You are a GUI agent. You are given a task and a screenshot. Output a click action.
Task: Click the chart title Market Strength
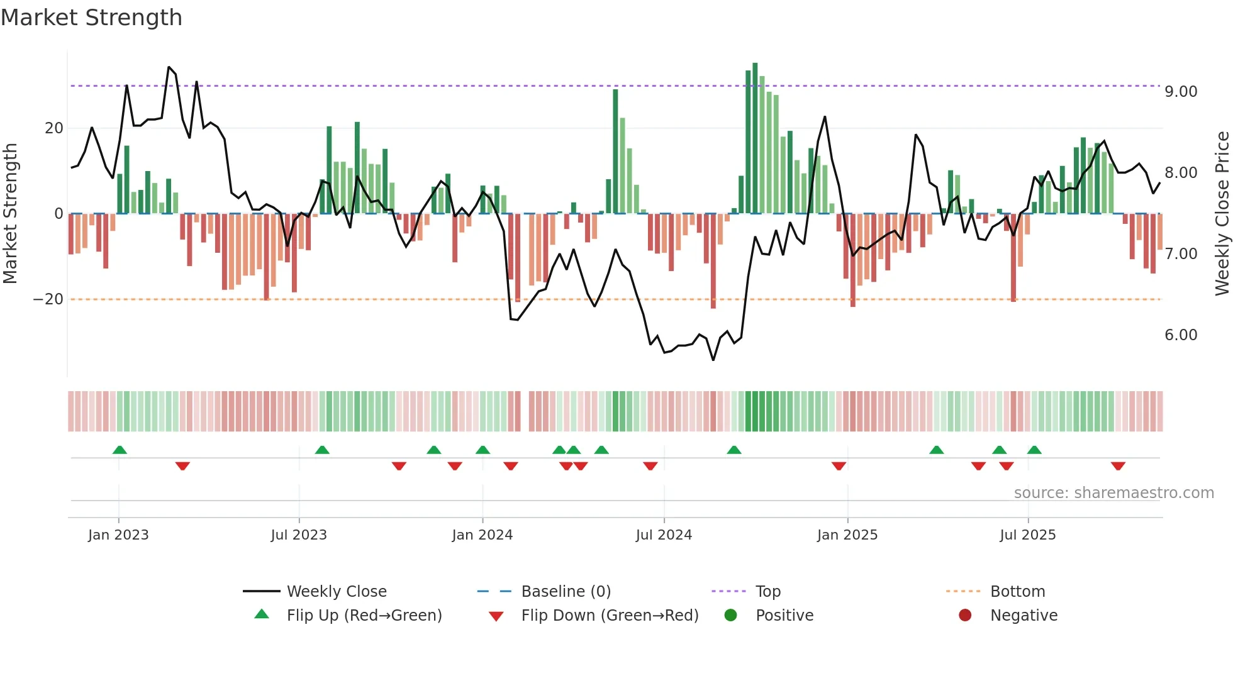point(91,18)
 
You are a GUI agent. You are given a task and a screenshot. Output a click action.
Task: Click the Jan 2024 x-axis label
point(482,535)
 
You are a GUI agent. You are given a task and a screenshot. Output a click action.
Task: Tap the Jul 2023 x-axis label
point(299,535)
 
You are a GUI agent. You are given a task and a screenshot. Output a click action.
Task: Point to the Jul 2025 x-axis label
point(1027,535)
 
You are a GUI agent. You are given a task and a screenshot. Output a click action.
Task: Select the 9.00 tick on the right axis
point(1180,92)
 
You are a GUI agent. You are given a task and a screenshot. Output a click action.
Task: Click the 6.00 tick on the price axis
point(1180,335)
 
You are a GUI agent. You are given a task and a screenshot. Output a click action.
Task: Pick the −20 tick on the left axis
point(48,299)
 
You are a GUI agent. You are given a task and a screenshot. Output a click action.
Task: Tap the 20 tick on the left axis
point(54,128)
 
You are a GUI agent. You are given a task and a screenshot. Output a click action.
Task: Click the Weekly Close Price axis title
point(1222,214)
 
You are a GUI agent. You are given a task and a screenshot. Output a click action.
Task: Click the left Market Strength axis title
point(11,214)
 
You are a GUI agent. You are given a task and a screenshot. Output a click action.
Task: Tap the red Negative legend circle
point(964,616)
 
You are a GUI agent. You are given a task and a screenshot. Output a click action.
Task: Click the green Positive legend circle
point(730,616)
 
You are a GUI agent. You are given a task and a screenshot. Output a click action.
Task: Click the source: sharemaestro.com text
point(1113,493)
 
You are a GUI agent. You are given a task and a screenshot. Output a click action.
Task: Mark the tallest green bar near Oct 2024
point(755,138)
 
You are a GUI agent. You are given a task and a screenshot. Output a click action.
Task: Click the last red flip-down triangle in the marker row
point(1118,466)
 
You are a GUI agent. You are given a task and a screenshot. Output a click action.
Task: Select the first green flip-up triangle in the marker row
point(120,450)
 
